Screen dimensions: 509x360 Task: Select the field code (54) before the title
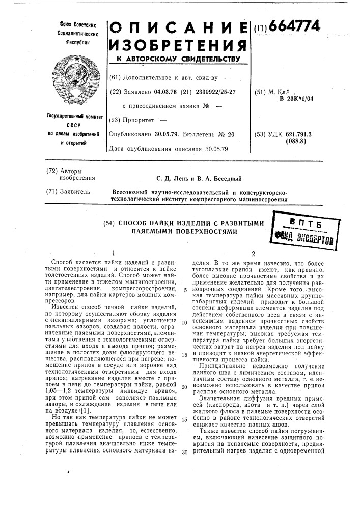(x=110, y=222)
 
